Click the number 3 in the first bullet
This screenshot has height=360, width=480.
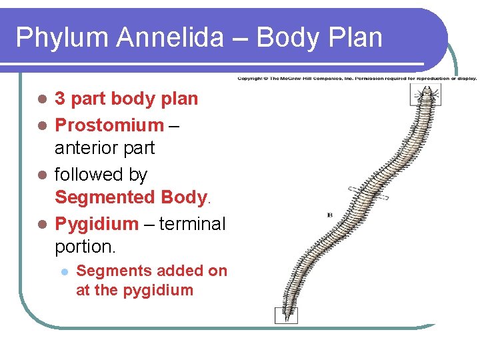coord(59,99)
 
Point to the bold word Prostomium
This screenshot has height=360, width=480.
coord(109,125)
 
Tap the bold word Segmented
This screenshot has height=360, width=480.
coord(105,197)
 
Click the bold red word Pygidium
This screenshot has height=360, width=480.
coord(97,223)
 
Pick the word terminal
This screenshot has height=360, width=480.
coord(193,223)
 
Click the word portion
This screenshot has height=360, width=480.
coord(85,246)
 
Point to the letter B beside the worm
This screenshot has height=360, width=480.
coord(329,215)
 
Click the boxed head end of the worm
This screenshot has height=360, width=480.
coord(424,96)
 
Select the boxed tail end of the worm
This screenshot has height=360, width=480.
coord(287,315)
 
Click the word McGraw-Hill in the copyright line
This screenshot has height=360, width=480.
coord(300,78)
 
